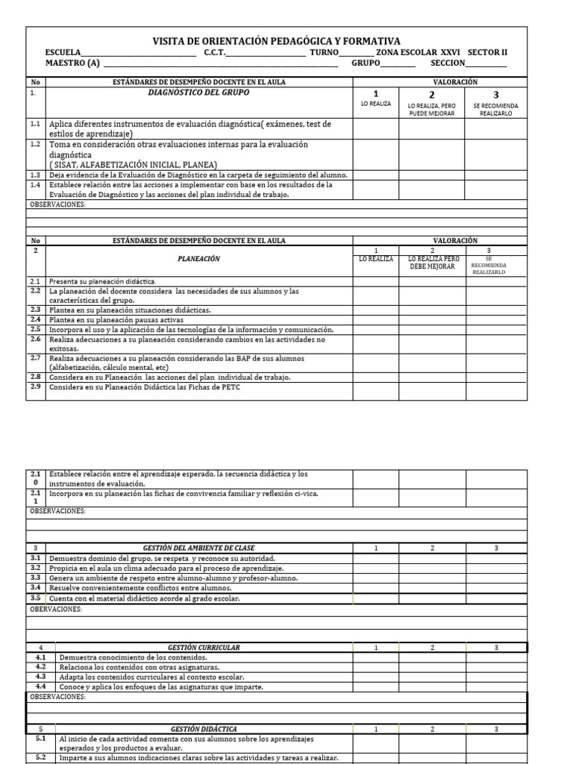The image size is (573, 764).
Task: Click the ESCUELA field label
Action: pyautogui.click(x=62, y=52)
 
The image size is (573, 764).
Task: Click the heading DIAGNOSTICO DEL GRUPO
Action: pyautogui.click(x=198, y=94)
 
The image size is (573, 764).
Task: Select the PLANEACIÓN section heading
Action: pyautogui.click(x=198, y=259)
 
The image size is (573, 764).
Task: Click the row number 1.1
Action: pyautogui.click(x=35, y=124)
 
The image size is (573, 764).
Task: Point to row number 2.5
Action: pyautogui.click(x=35, y=329)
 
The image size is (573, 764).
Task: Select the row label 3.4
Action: pyautogui.click(x=35, y=588)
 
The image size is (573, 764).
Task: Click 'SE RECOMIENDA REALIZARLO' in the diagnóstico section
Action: pyautogui.click(x=495, y=109)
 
